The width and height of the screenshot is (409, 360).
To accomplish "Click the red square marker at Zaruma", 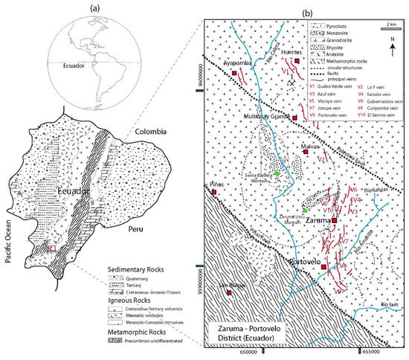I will (x=335, y=221).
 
